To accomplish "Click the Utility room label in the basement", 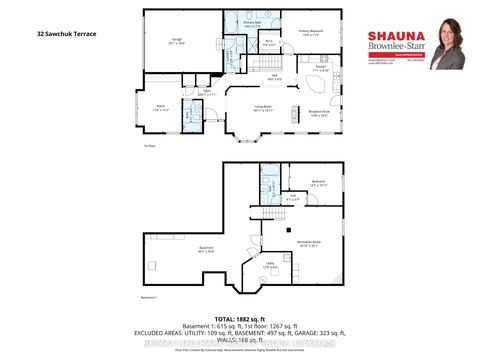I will (x=270, y=264).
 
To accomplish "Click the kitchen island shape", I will (x=296, y=107).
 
